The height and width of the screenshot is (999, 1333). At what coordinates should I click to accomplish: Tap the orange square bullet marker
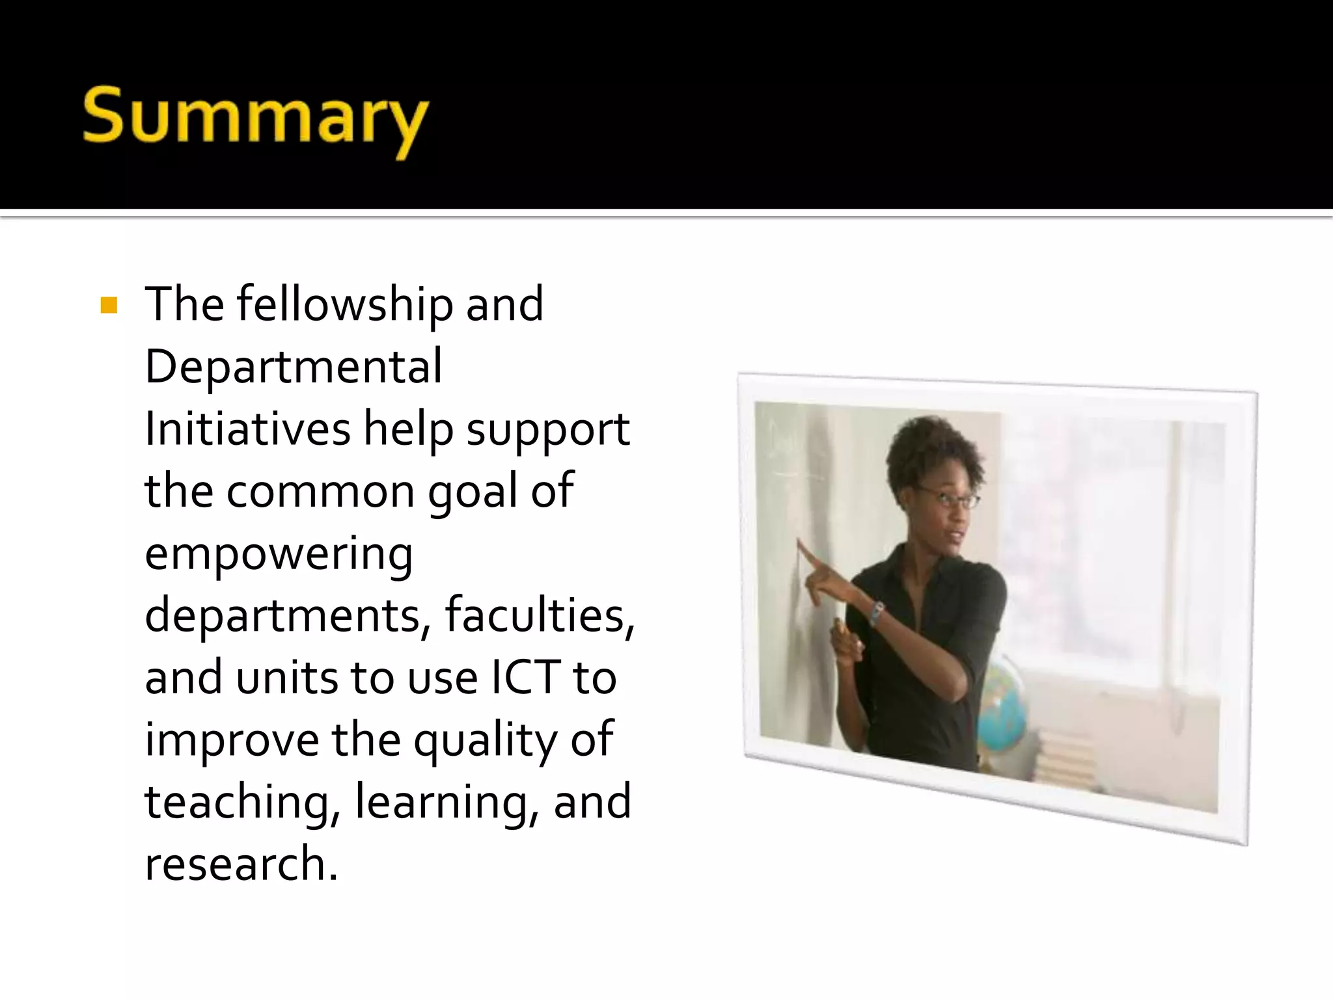(x=109, y=305)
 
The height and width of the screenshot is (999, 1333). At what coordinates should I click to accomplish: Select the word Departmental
(x=293, y=366)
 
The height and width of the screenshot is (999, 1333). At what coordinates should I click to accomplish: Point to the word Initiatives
(x=247, y=429)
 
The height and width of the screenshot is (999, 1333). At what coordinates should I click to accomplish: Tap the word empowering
(x=279, y=555)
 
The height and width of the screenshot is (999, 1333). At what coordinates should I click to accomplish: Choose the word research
(x=241, y=864)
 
